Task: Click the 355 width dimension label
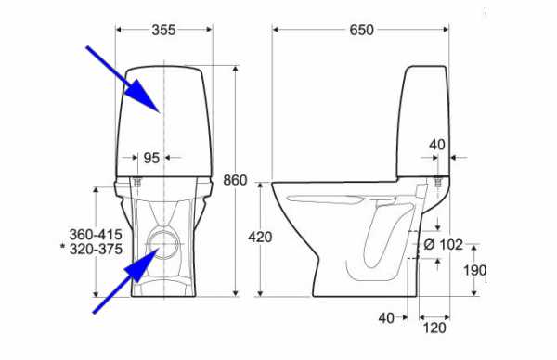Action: click(163, 30)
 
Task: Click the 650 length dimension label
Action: click(362, 30)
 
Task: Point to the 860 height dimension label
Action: click(235, 180)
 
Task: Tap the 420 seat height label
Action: click(260, 237)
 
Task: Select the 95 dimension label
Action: click(151, 158)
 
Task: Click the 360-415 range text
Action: click(96, 235)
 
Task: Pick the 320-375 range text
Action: click(96, 249)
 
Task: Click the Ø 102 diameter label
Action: click(444, 244)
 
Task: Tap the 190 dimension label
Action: click(474, 271)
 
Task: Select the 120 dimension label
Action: click(434, 328)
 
